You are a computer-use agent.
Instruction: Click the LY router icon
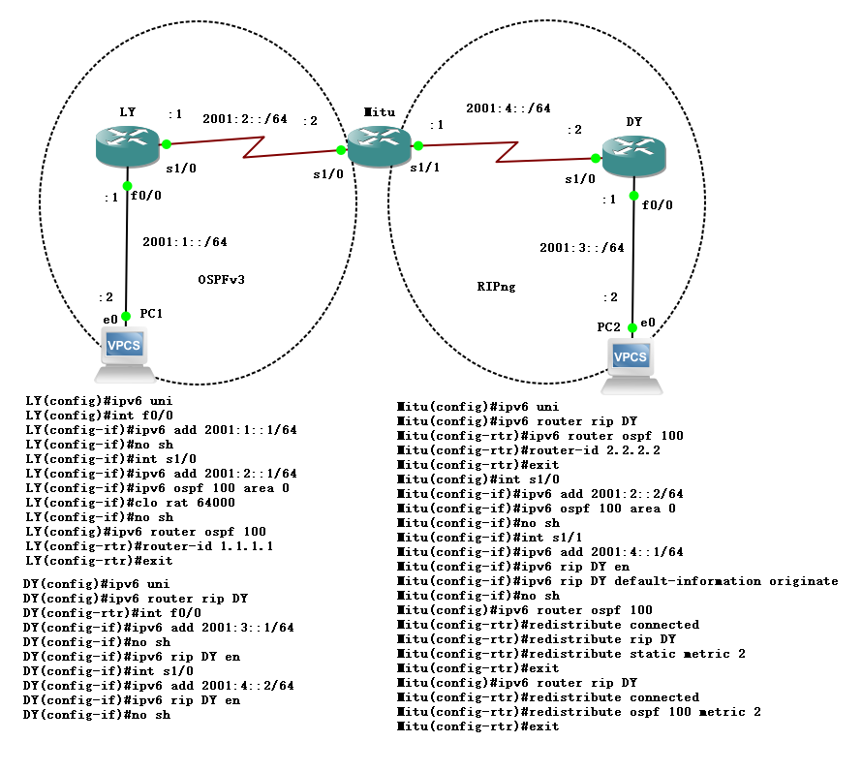pyautogui.click(x=127, y=143)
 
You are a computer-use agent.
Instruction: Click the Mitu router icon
pyautogui.click(x=379, y=144)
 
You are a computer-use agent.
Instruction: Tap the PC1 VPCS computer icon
pyautogui.click(x=127, y=355)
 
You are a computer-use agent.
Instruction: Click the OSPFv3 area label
pyautogui.click(x=221, y=280)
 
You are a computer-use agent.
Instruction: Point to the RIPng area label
pyautogui.click(x=497, y=287)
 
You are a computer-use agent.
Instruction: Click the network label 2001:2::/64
pyautogui.click(x=244, y=119)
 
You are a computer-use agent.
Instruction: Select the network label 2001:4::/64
pyautogui.click(x=508, y=108)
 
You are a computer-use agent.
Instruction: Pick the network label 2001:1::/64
pyautogui.click(x=184, y=242)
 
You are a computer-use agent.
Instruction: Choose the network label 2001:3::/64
pyautogui.click(x=581, y=247)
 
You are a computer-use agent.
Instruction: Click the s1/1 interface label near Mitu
pyautogui.click(x=424, y=168)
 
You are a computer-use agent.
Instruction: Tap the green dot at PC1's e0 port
pyautogui.click(x=127, y=316)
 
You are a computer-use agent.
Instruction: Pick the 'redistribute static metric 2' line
pyautogui.click(x=570, y=654)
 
